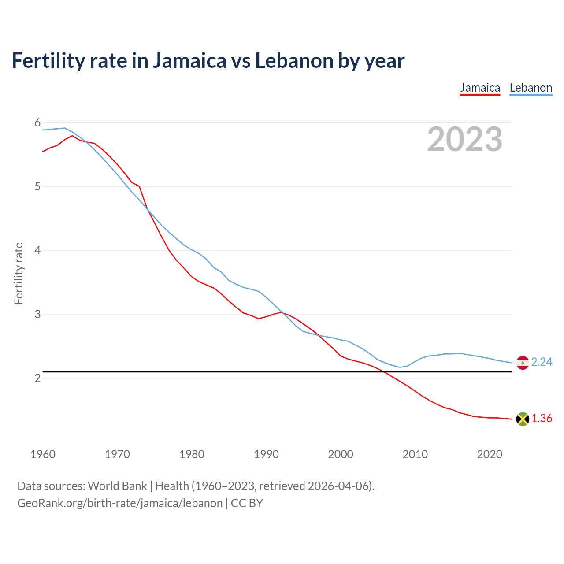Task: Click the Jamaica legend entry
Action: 480,88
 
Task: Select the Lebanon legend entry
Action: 531,88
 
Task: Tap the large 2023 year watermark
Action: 465,139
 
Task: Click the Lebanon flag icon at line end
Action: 523,363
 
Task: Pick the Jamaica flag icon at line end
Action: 523,419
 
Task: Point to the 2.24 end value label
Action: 542,362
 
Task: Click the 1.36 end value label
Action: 542,418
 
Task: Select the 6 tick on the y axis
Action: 37,122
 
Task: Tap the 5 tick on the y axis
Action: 37,186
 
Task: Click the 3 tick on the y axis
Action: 37,314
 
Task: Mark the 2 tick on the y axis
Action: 37,378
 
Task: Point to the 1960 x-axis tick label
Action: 43,454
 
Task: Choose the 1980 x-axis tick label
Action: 192,454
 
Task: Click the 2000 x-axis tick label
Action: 341,454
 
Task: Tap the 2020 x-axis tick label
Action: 490,454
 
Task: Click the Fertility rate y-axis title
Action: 19,273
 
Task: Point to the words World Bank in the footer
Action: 117,486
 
